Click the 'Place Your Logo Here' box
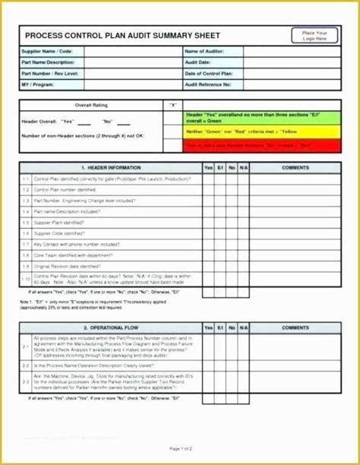tap(315, 35)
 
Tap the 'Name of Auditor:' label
tap(203, 51)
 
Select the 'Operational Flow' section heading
tap(106, 327)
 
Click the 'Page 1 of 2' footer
tap(181, 450)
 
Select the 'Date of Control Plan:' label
tap(210, 73)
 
